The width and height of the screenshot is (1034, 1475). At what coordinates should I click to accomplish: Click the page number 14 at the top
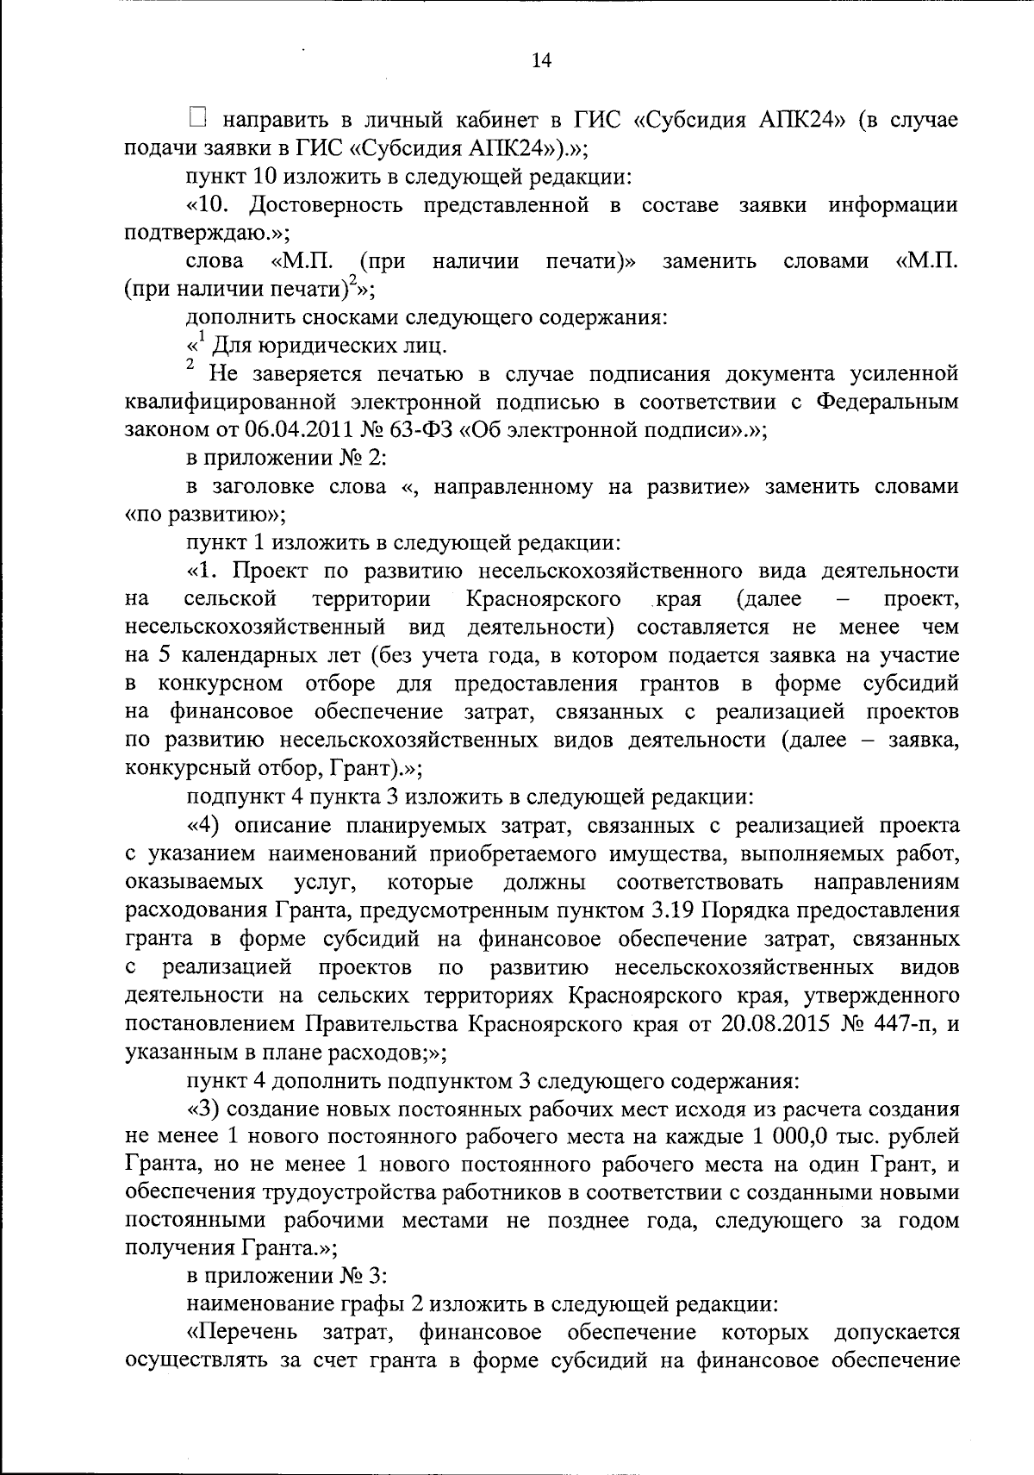point(541,59)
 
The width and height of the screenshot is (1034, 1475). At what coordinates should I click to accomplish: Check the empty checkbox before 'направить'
point(197,117)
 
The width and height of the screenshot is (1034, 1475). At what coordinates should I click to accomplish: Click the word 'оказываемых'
point(194,882)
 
